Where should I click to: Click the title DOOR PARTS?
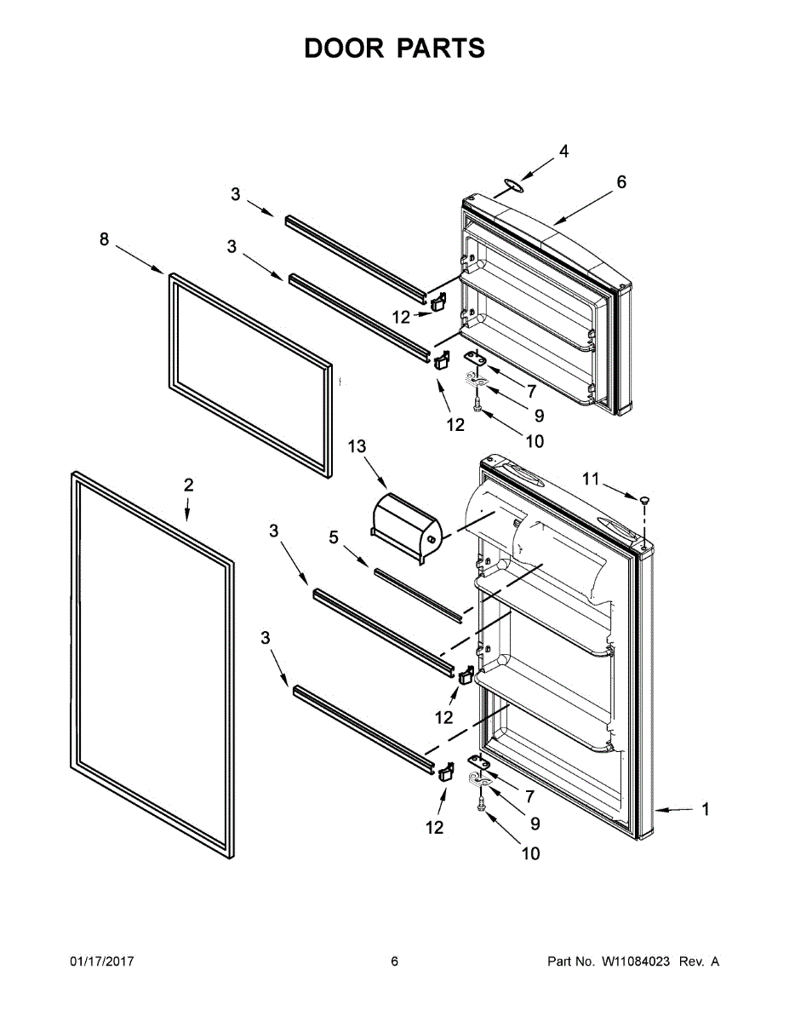pos(394,49)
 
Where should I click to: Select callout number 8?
pos(104,240)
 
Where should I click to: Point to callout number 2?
pos(188,485)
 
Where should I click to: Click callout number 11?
pos(591,479)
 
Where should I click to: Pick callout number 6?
pos(621,181)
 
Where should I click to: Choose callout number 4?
pos(563,152)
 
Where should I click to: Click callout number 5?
pos(334,537)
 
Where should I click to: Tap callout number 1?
pos(705,810)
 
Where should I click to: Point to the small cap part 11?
pos(644,497)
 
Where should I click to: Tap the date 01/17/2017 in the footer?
pos(101,962)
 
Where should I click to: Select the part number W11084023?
pos(637,962)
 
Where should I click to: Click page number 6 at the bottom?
pos(394,962)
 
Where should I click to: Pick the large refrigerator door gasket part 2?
pos(149,664)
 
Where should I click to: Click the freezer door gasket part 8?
pos(250,375)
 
